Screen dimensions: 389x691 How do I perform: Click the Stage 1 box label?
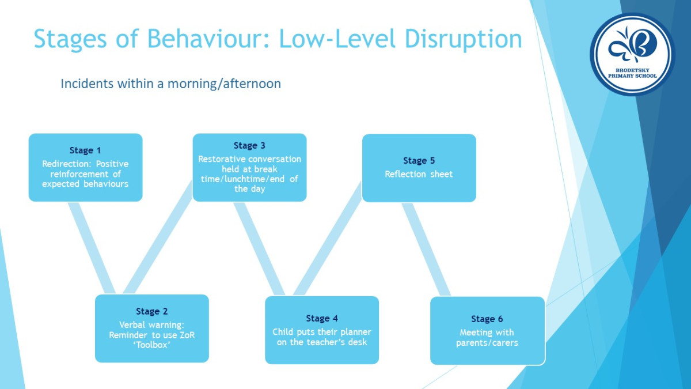point(85,150)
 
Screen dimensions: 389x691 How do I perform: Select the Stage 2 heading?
point(152,312)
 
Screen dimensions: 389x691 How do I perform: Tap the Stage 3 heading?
point(249,146)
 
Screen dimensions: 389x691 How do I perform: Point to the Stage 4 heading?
point(322,319)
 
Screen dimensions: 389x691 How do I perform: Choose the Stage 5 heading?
point(419,161)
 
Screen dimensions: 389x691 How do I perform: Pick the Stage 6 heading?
point(487,319)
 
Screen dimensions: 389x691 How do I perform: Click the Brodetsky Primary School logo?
point(632,54)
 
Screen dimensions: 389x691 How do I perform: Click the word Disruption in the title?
point(463,39)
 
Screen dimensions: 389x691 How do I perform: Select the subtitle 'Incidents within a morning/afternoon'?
point(171,84)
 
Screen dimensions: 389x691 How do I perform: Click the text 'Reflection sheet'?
point(419,174)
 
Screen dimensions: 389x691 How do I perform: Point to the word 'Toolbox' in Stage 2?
point(152,345)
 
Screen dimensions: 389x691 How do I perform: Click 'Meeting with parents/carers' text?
point(487,338)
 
